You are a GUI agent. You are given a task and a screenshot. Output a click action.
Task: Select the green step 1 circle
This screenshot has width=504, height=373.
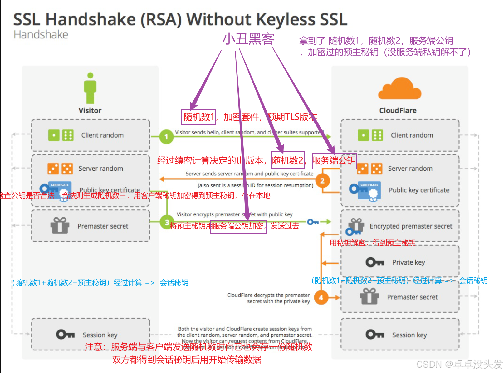pyautogui.click(x=166, y=137)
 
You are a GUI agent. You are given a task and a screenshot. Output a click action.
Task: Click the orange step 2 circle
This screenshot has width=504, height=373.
pyautogui.click(x=322, y=181)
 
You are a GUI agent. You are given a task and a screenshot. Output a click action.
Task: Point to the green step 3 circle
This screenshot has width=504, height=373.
pyautogui.click(x=167, y=222)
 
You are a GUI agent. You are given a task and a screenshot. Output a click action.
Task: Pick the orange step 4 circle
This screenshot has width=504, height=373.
pyautogui.click(x=321, y=297)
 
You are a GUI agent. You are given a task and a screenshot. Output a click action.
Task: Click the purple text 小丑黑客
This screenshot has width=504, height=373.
pyautogui.click(x=248, y=39)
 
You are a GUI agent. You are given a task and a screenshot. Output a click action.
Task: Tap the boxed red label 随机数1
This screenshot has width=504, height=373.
pyautogui.click(x=199, y=117)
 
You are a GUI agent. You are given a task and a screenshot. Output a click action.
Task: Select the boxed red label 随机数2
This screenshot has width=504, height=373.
pyautogui.click(x=287, y=160)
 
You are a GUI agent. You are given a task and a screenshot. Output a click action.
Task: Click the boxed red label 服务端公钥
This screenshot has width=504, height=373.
pyautogui.click(x=334, y=160)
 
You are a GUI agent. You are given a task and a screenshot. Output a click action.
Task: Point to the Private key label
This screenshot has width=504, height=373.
pyautogui.click(x=409, y=262)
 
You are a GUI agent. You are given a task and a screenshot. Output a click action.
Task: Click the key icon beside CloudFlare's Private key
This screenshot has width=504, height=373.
pyautogui.click(x=374, y=262)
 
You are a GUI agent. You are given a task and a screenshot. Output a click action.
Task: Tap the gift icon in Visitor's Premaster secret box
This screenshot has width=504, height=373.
pyautogui.click(x=60, y=225)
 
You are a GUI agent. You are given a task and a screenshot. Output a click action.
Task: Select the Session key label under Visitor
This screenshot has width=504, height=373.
pyautogui.click(x=100, y=335)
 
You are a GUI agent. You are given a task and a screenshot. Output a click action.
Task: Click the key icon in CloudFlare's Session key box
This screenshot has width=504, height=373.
pyautogui.click(x=374, y=335)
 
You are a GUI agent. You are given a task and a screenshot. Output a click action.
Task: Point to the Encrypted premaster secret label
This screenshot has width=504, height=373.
pyautogui.click(x=411, y=226)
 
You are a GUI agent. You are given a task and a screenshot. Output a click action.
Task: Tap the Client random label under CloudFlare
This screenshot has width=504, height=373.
pyautogui.click(x=412, y=135)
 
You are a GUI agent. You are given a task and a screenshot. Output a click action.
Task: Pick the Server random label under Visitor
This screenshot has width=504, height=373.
pyautogui.click(x=100, y=169)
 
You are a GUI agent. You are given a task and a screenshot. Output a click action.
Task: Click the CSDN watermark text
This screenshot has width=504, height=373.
pyautogui.click(x=459, y=364)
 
